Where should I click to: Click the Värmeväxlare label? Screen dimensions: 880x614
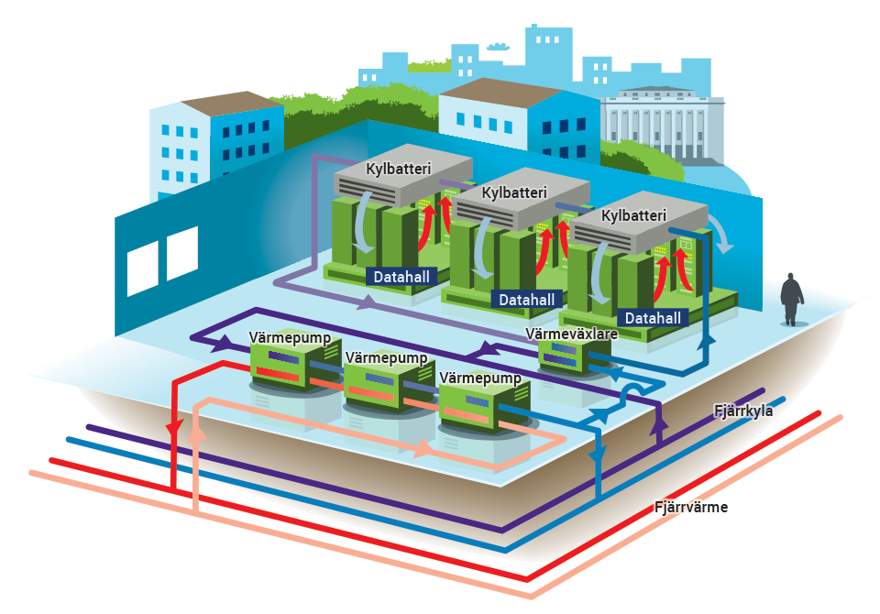(x=571, y=334)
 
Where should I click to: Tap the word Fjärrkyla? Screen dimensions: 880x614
(x=743, y=411)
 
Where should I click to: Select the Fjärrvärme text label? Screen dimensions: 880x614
(x=691, y=507)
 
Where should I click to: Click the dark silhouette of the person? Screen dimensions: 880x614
(x=791, y=299)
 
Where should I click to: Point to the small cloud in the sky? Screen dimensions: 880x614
(x=497, y=46)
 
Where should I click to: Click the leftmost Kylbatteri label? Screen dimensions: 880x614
(x=398, y=169)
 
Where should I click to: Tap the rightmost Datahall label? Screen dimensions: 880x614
(x=653, y=318)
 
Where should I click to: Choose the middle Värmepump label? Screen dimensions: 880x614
(x=386, y=357)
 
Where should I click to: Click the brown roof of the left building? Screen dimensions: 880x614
(x=232, y=104)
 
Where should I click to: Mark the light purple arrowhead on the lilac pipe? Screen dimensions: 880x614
(x=367, y=303)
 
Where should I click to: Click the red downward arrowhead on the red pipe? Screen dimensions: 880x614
(x=174, y=429)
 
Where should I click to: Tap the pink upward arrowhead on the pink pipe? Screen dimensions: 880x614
(x=195, y=433)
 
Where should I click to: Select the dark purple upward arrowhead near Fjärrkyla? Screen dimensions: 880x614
(x=659, y=422)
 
